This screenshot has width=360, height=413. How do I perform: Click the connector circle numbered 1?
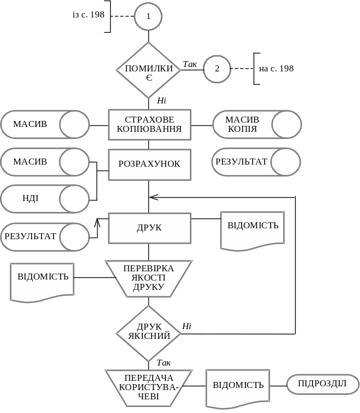pos(148,16)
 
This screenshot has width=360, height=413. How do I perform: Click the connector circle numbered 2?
pos(217,69)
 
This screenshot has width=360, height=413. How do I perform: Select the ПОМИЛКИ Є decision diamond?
pos(148,70)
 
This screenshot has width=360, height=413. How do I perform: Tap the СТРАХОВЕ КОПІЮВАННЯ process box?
pos(149,125)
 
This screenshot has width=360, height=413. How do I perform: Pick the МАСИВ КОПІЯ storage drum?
pos(256,125)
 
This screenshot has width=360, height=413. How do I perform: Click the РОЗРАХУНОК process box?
pos(149,164)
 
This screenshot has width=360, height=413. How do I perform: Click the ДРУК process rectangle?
pos(149,228)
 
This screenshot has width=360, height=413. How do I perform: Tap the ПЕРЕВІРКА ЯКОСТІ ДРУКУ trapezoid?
pos(148,278)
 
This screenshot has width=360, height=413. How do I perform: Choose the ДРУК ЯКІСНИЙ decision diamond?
pos(148,332)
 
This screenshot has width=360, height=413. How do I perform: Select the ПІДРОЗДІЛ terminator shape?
pos(322,384)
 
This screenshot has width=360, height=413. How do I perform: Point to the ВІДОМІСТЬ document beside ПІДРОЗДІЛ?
pos(238,387)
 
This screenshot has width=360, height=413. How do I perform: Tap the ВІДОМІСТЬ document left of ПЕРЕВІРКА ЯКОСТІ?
pos(43,280)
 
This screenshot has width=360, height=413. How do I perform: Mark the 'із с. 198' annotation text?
pos(88,15)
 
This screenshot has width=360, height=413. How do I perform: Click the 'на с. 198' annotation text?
pos(276,69)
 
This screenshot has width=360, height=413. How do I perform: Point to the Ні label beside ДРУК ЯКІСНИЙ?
pos(187,326)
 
